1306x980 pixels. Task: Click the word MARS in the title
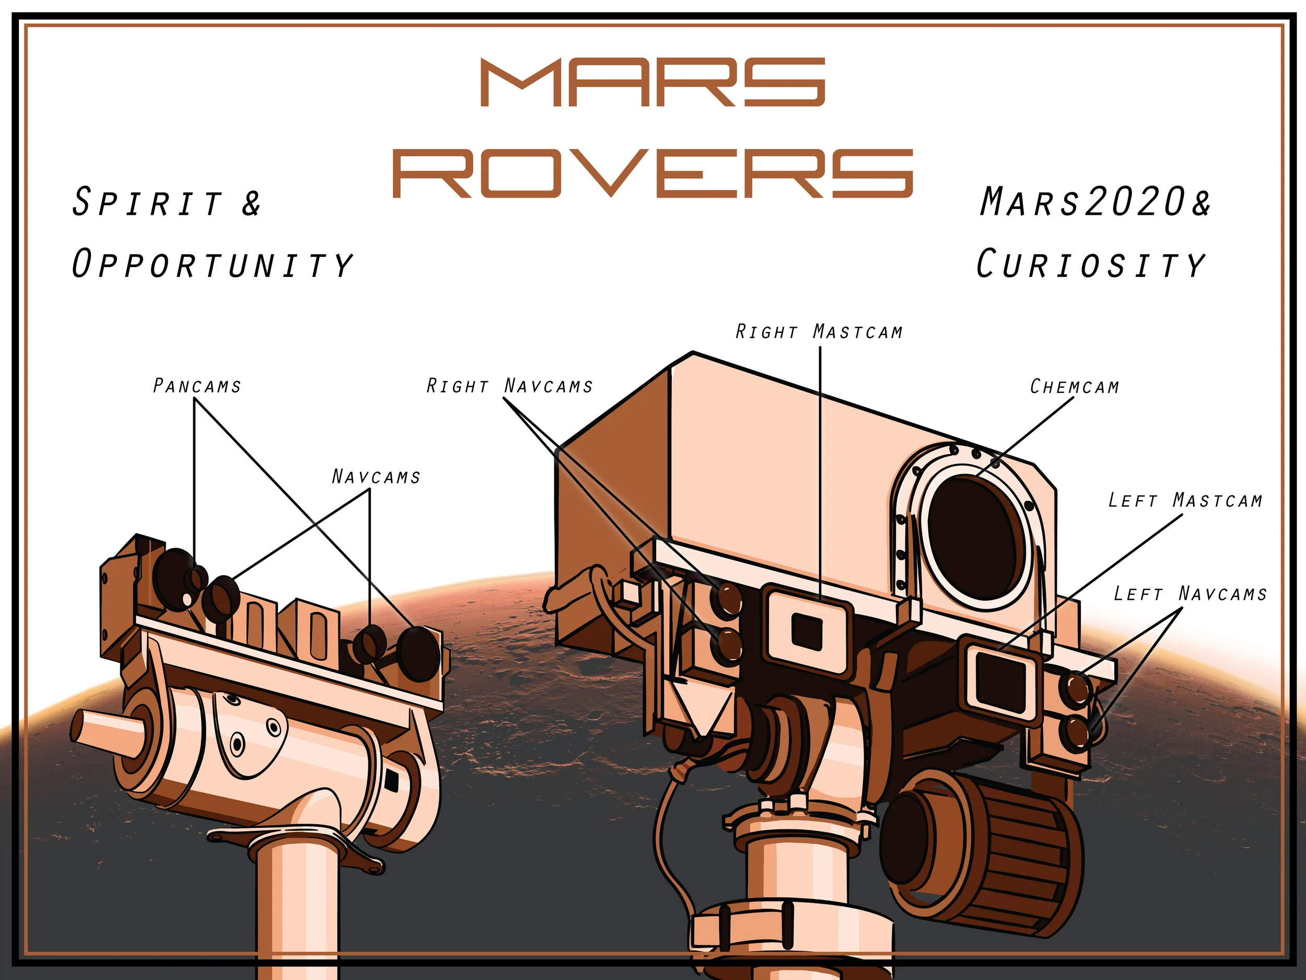[652, 82]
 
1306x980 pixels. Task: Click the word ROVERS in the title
[653, 172]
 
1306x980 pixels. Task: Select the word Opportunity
[212, 263]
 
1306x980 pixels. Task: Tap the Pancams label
[196, 386]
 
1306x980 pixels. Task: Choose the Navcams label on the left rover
[376, 476]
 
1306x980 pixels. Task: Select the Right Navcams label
[509, 386]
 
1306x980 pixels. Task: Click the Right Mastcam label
[819, 331]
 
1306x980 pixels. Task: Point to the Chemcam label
[1075, 386]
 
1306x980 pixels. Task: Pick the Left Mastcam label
[1185, 500]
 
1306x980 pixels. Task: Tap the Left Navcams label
[1190, 593]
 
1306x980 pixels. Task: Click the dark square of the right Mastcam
[807, 630]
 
